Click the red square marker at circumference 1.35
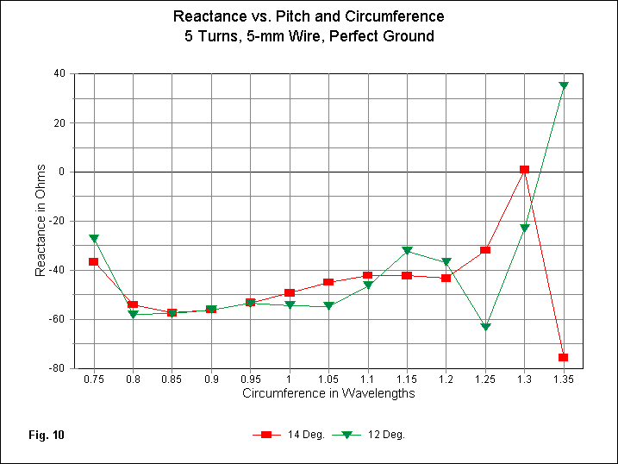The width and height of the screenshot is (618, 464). tap(563, 357)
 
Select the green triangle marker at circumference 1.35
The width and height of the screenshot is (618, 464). tap(563, 86)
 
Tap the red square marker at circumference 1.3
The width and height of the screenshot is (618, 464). tap(524, 170)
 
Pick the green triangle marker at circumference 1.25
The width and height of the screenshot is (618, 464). tap(485, 327)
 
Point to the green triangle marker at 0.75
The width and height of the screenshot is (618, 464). tap(93, 239)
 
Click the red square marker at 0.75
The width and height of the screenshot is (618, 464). tap(93, 261)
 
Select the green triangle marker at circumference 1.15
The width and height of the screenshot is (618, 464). tap(407, 251)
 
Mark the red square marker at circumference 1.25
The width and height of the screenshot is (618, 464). tap(485, 250)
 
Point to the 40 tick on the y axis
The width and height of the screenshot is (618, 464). tap(59, 74)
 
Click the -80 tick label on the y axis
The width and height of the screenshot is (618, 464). tap(57, 368)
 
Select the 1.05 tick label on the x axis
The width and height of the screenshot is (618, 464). tap(328, 379)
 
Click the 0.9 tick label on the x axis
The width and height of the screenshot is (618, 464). tap(210, 379)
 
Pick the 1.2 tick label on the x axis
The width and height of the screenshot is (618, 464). tap(446, 379)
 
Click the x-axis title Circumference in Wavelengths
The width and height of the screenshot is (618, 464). tap(328, 394)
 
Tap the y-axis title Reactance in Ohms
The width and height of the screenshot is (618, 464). tap(41, 222)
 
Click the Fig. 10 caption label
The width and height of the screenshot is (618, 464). tap(46, 435)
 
